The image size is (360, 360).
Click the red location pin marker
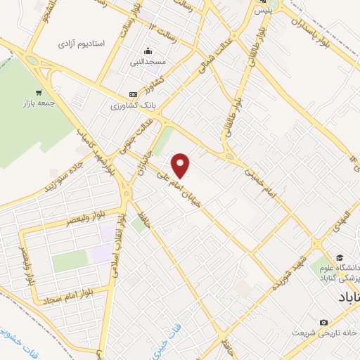click(181, 165)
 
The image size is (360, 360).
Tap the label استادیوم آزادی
click(82, 44)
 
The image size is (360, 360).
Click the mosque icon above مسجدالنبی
click(148, 51)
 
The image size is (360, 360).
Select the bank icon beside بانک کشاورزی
click(133, 94)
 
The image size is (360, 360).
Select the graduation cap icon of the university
click(340, 258)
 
